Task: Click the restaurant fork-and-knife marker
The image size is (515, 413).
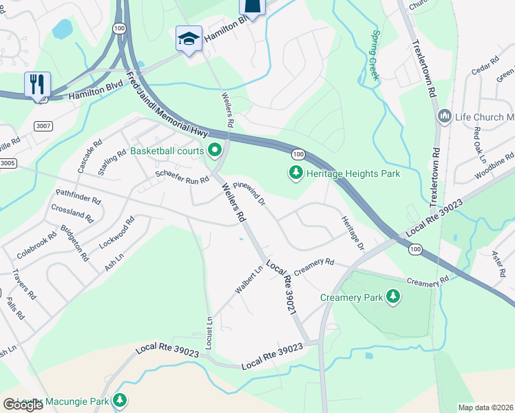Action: [37, 85]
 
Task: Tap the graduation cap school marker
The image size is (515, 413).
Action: [188, 39]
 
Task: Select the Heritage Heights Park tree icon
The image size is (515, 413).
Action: [296, 174]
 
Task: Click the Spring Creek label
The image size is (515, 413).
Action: [375, 56]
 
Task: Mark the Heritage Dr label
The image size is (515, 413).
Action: [352, 232]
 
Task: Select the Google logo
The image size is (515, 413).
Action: [23, 405]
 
